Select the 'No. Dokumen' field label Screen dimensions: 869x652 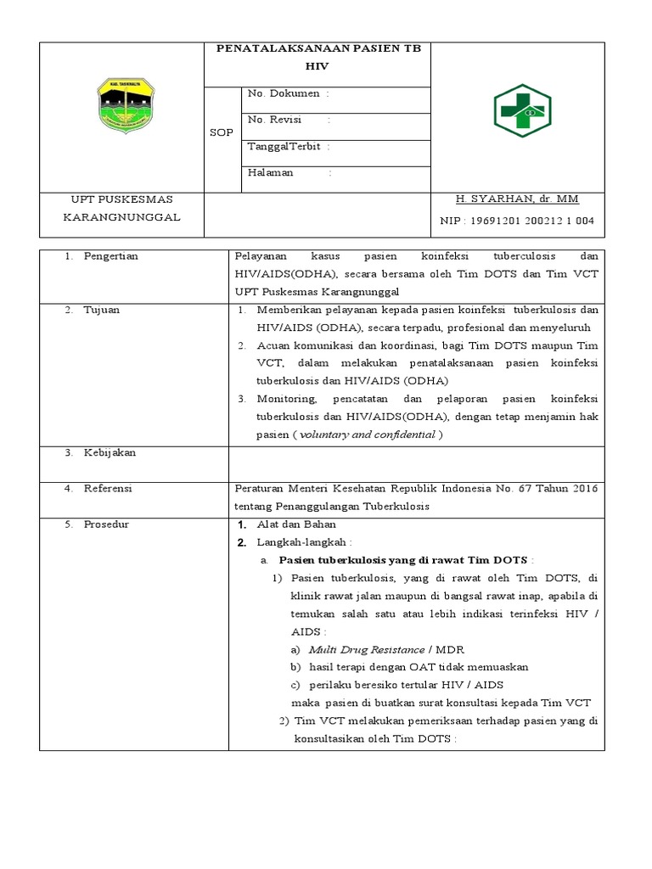(x=283, y=94)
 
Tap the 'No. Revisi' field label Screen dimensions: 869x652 (x=274, y=120)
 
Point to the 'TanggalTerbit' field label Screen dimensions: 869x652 (x=284, y=146)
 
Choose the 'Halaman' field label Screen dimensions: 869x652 (x=270, y=172)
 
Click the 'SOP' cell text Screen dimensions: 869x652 (x=221, y=132)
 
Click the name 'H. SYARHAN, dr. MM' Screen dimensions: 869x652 (x=517, y=199)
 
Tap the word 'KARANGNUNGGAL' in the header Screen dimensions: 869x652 (x=123, y=217)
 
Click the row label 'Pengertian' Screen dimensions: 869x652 (x=110, y=255)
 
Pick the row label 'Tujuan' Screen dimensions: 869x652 (x=101, y=310)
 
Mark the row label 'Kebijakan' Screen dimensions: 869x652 (x=110, y=452)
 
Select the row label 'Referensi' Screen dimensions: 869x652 (x=108, y=489)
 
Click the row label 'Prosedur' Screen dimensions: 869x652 (x=106, y=524)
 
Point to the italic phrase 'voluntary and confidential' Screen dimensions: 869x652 (x=368, y=434)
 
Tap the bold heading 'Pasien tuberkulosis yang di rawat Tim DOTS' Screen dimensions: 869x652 (x=403, y=560)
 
